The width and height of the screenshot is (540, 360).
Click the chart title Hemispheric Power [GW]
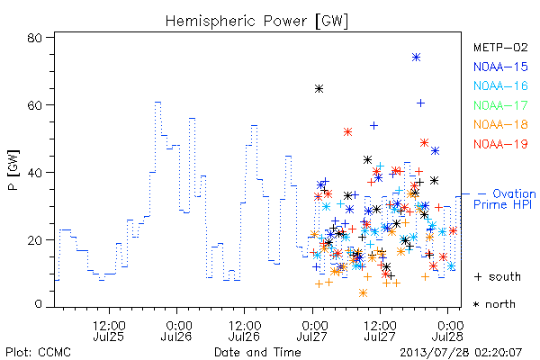tap(256, 22)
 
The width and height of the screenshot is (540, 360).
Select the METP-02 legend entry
tap(500, 47)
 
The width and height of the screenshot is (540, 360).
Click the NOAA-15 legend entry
tap(500, 67)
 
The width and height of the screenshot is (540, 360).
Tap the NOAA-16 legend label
tap(500, 85)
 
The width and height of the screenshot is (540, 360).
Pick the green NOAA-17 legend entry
tap(500, 105)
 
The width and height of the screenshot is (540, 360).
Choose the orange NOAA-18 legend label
tap(500, 124)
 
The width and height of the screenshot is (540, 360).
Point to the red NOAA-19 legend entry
tap(500, 144)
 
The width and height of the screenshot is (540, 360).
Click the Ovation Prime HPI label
tap(505, 199)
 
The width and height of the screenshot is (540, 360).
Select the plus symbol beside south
tap(478, 276)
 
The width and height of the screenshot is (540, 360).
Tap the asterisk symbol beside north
tap(476, 304)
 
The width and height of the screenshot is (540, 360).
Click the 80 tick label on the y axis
tap(34, 38)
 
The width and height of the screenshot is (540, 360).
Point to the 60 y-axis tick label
tap(34, 105)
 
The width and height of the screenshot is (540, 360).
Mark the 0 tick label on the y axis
tap(38, 304)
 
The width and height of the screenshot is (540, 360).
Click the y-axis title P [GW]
tap(13, 170)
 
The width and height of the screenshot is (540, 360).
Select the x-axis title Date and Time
tap(257, 352)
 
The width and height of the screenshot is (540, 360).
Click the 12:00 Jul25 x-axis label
tap(109, 330)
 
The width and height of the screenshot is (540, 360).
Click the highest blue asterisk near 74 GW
tap(416, 58)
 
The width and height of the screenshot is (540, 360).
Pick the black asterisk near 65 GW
tap(319, 89)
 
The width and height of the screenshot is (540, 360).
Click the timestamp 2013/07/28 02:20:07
tap(461, 352)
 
